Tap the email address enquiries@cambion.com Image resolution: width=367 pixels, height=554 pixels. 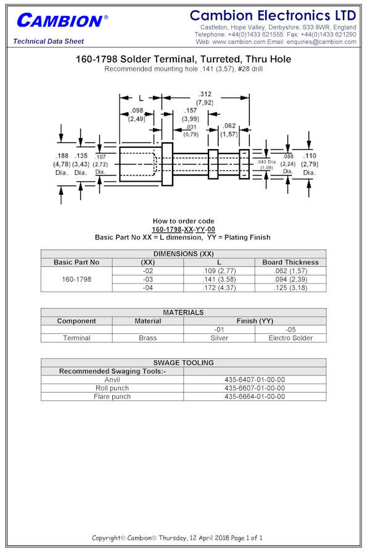(x=321, y=42)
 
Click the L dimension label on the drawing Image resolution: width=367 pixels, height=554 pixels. (x=141, y=98)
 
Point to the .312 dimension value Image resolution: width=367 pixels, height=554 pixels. (x=205, y=94)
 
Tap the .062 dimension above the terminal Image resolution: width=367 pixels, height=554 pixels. (x=229, y=126)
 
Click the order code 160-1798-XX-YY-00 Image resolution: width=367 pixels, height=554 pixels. (x=184, y=229)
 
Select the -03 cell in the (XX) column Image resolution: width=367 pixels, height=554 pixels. (x=148, y=279)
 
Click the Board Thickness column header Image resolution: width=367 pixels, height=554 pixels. (x=291, y=262)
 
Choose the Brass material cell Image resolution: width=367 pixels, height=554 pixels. (x=148, y=338)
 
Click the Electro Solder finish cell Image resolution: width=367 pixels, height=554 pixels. (x=291, y=338)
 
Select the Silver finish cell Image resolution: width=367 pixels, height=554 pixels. (x=219, y=338)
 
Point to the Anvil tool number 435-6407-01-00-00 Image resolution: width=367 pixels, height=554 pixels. (x=255, y=380)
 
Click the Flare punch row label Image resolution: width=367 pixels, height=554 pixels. (x=112, y=396)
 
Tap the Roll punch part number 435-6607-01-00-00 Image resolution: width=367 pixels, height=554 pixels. (x=255, y=388)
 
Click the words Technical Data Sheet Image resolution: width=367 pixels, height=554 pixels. (x=49, y=41)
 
